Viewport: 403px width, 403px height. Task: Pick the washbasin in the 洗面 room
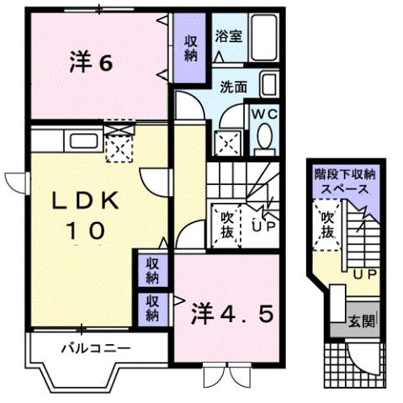pos(270,85)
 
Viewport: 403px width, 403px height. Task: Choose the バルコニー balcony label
pos(93,347)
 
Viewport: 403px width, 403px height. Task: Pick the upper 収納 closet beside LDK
pos(151,270)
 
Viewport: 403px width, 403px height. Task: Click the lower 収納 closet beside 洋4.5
pos(151,308)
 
